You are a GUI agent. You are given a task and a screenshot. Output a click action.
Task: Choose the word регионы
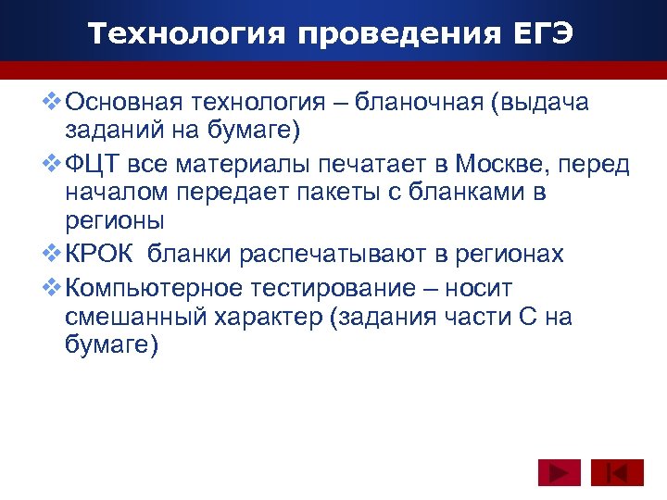[x=115, y=222]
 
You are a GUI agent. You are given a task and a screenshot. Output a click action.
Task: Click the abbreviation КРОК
[x=102, y=254]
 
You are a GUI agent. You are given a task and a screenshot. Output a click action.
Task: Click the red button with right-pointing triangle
[x=559, y=473]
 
